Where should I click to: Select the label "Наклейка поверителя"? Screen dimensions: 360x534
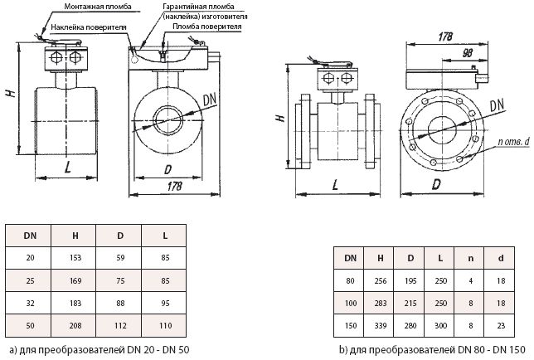point(89,27)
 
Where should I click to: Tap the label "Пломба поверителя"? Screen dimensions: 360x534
point(207,27)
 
